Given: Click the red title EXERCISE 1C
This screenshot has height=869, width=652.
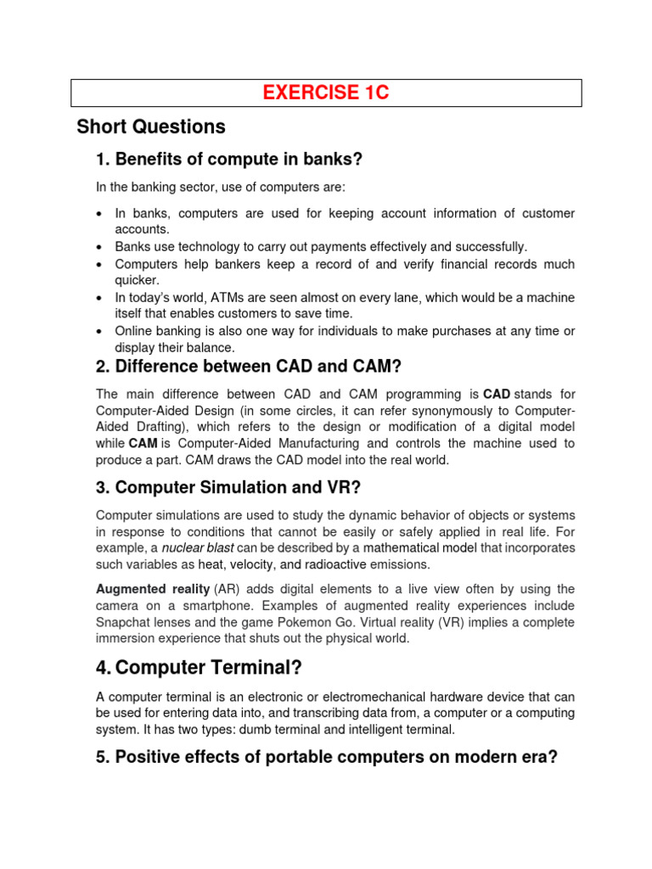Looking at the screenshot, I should (x=326, y=93).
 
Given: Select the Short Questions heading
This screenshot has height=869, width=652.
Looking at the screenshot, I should (x=151, y=127).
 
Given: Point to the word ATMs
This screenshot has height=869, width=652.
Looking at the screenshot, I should (x=213, y=298).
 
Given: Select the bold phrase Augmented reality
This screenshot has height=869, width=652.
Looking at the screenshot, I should (x=153, y=589).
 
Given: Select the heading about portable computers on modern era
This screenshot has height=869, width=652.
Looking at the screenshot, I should (x=327, y=757).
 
